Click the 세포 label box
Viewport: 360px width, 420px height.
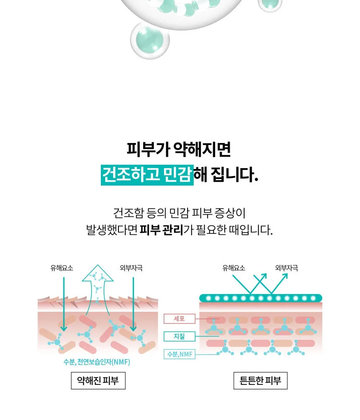(179, 318)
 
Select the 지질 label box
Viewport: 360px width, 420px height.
(179, 336)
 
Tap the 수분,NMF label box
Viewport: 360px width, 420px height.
(179, 354)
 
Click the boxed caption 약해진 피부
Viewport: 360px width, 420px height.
(98, 380)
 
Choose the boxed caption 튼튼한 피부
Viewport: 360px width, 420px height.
(260, 380)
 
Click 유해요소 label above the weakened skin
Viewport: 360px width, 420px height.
(62, 268)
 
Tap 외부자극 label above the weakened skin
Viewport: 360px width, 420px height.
(131, 268)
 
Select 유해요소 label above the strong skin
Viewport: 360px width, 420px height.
(234, 268)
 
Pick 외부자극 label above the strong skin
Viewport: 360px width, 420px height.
(287, 268)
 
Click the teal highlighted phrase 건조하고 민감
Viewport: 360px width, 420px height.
(147, 175)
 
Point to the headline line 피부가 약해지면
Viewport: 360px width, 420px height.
(178, 149)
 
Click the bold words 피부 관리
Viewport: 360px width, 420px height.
(161, 230)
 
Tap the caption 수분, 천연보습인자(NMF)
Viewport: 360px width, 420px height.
(97, 362)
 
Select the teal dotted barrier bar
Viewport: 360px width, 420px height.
(260, 298)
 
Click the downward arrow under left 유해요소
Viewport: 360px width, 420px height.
(64, 304)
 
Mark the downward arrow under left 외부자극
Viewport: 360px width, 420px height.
(133, 304)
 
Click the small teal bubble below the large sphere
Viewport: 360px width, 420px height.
(150, 40)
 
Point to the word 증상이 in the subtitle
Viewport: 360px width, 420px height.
(230, 213)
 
